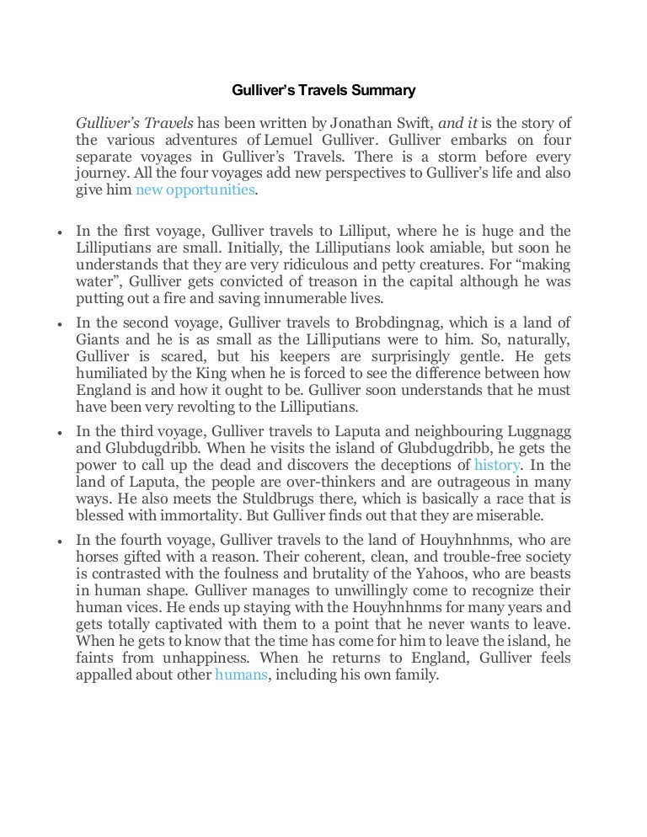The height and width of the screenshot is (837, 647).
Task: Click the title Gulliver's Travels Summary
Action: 323,88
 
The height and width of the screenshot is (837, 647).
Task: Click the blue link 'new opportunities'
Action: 194,189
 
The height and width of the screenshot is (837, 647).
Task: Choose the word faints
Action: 94,657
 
